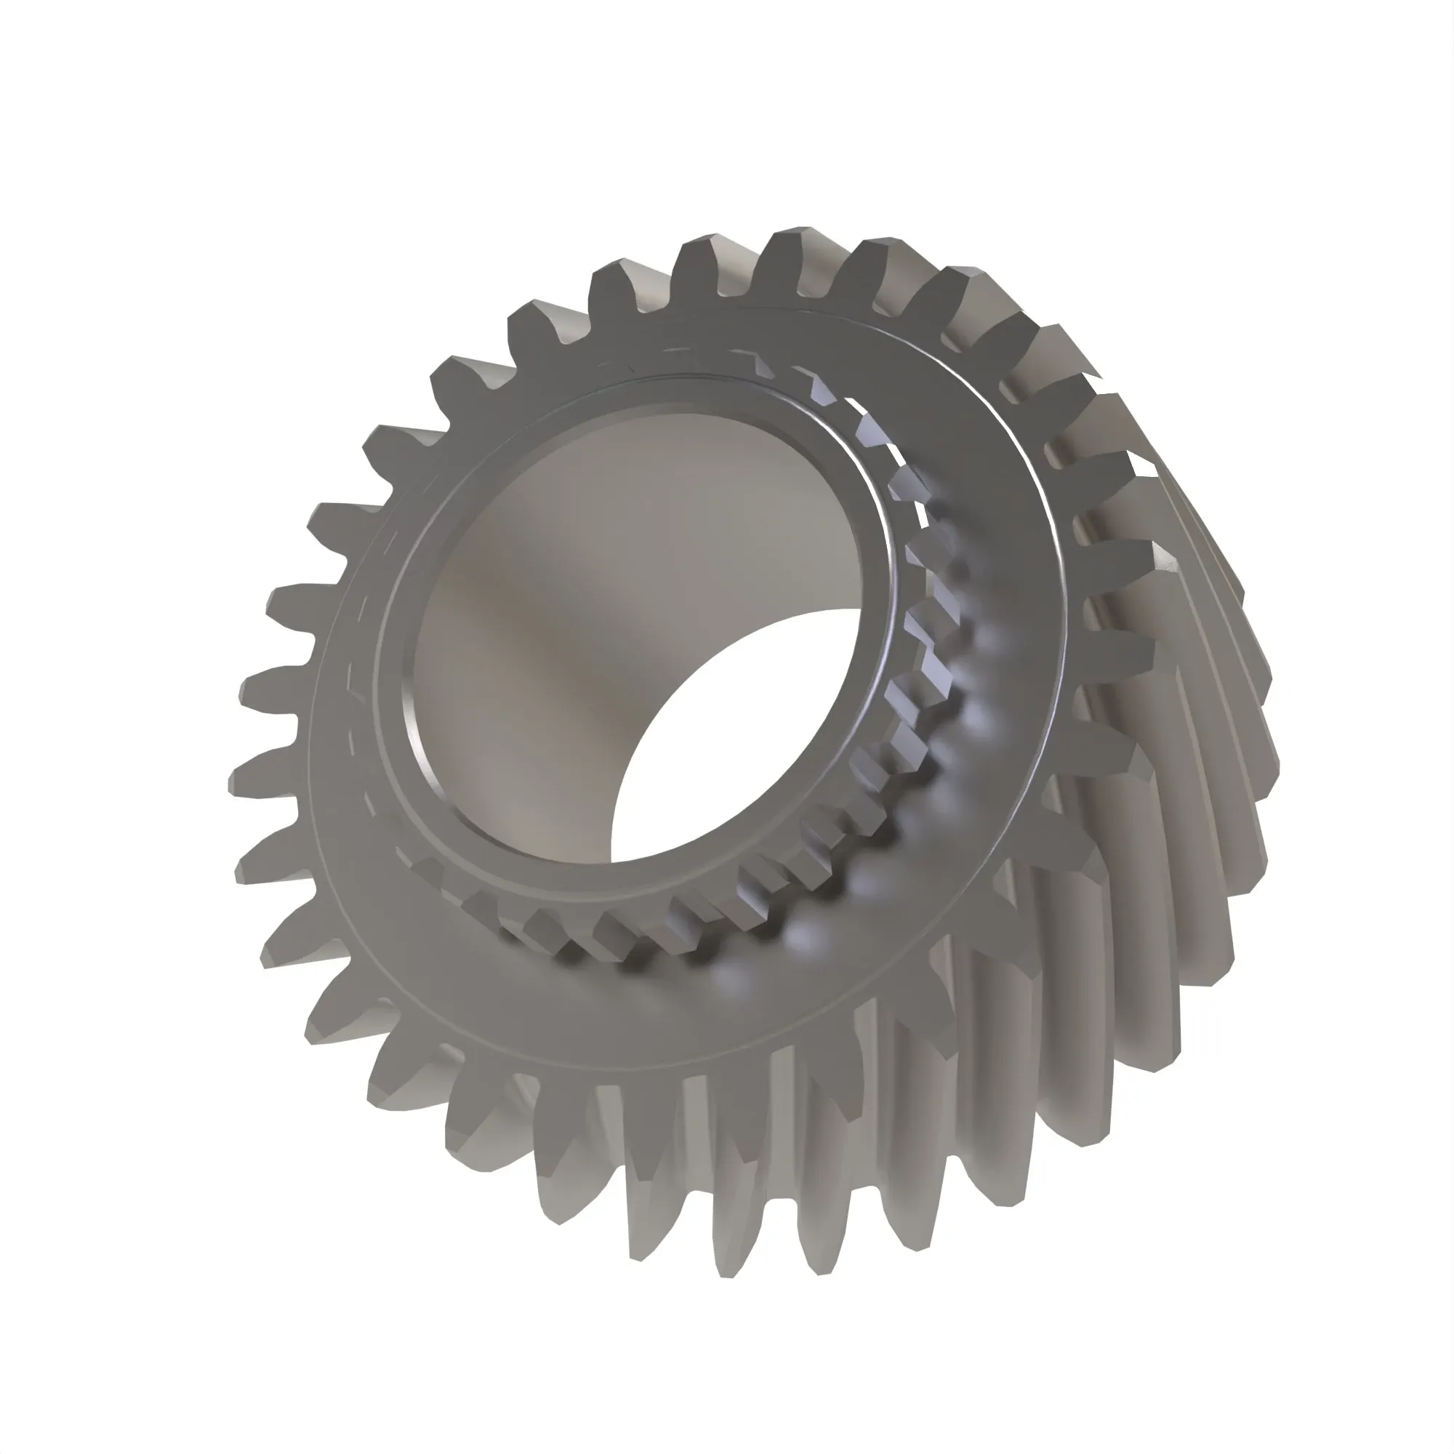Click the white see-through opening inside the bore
point(723,745)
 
